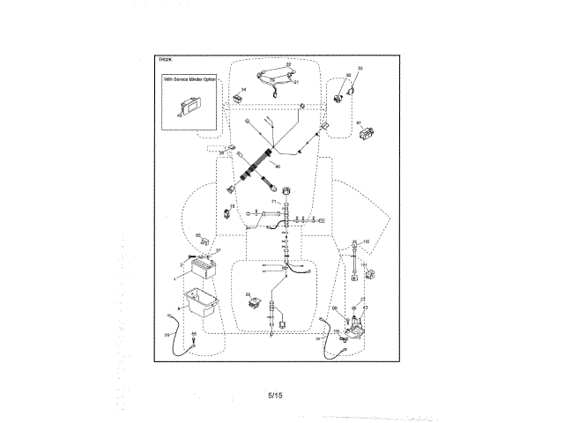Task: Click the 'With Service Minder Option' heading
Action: click(x=189, y=80)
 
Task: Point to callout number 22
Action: click(x=287, y=65)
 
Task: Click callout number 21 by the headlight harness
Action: click(x=297, y=82)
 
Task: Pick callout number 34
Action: click(x=244, y=89)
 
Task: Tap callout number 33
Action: click(x=360, y=68)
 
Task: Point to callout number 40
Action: click(x=278, y=167)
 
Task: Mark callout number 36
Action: click(x=222, y=153)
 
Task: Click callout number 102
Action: click(x=366, y=241)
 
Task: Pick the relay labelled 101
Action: click(x=370, y=274)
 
